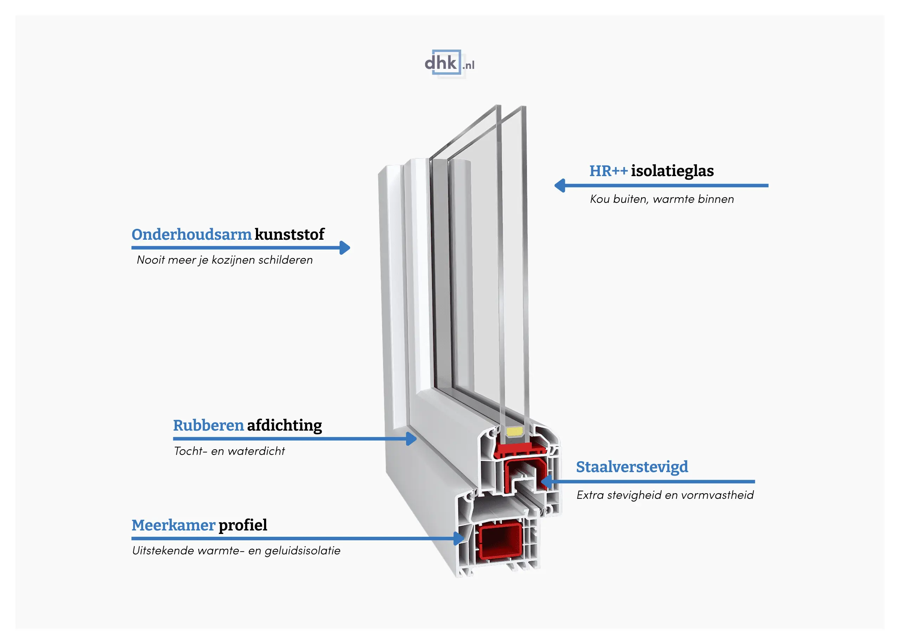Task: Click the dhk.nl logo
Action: click(x=449, y=63)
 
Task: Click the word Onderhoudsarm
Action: click(x=192, y=234)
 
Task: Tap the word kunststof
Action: click(x=289, y=234)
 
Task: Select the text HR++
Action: click(x=608, y=171)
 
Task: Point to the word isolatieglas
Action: click(x=672, y=171)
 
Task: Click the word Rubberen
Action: click(x=208, y=425)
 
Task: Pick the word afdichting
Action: click(x=284, y=425)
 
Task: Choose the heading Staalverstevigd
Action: click(x=632, y=467)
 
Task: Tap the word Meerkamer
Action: click(x=173, y=525)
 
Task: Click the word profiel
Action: click(x=243, y=525)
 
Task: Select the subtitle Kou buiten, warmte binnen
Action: click(x=661, y=199)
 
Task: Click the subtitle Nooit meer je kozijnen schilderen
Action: click(x=224, y=260)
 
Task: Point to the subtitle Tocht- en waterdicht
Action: click(x=229, y=451)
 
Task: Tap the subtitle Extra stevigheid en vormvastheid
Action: click(x=665, y=495)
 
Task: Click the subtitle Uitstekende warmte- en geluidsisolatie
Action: click(x=236, y=550)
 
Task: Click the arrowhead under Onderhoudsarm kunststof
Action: click(x=345, y=248)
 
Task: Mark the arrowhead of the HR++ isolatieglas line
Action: click(x=559, y=185)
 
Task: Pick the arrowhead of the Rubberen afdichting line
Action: click(x=412, y=439)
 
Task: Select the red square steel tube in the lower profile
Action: click(x=500, y=541)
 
